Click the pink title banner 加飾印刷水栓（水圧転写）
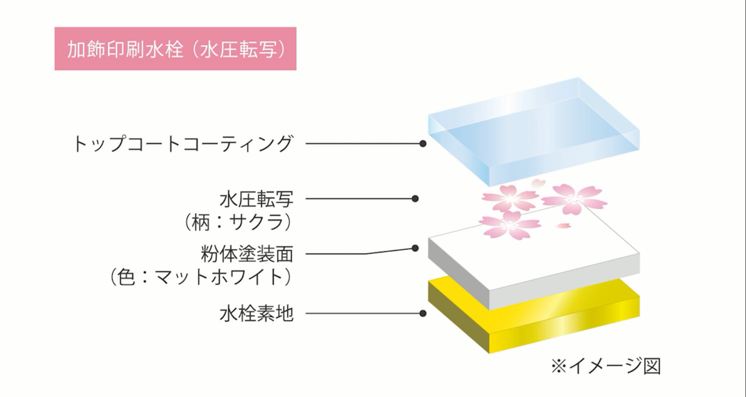pos(175,49)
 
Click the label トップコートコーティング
pos(182,143)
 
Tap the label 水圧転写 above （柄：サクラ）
pos(256,199)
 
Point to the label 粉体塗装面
pos(247,254)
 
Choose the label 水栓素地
pos(256,313)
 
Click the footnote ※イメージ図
pos(607,366)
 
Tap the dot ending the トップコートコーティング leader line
pos(423,143)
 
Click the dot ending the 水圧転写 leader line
pos(415,198)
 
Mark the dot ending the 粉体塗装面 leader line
pos(415,248)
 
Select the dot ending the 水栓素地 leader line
pos(423,313)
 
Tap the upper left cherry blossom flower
pos(511,198)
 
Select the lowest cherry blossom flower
pos(510,225)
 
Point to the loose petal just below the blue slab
pos(538,183)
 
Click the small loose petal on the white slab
pos(563,225)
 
